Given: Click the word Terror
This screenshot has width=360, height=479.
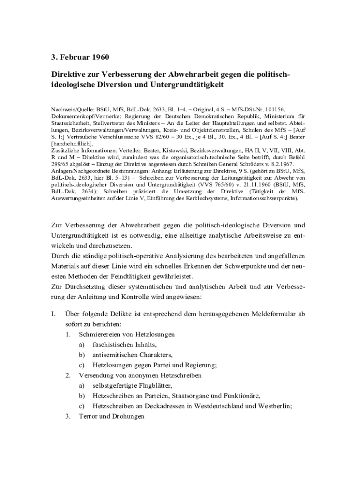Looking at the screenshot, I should coord(88,417).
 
